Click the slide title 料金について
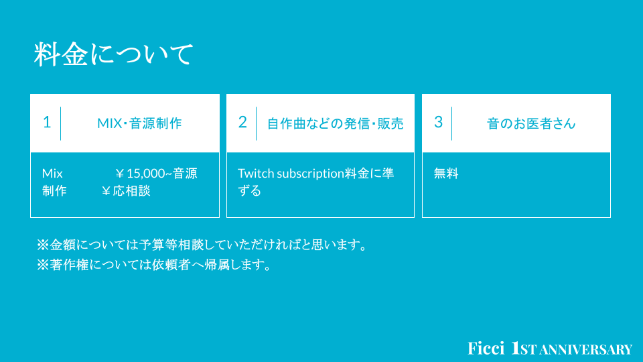[x=113, y=54]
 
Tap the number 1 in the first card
[x=47, y=122]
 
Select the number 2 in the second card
[x=242, y=122]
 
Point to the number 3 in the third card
[x=438, y=122]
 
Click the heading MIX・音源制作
[x=139, y=123]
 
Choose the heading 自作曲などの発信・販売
[x=335, y=123]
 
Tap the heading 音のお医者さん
[x=531, y=123]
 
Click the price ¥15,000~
[x=143, y=174]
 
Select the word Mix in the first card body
[x=52, y=174]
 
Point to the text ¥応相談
[x=126, y=191]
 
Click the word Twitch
[x=256, y=174]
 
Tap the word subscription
[x=310, y=174]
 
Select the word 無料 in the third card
[x=446, y=174]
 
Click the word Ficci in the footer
[x=486, y=349]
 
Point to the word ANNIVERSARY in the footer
[x=586, y=350]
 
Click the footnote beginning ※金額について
[x=202, y=245]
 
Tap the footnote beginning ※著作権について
[x=154, y=265]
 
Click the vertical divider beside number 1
[x=61, y=123]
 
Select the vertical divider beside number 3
[x=452, y=123]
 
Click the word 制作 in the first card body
[x=54, y=191]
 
